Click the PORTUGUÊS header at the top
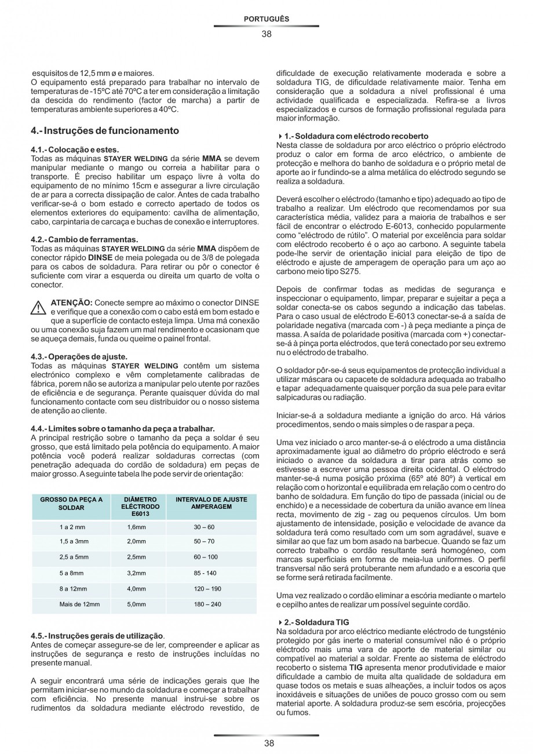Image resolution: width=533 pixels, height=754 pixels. point(266,19)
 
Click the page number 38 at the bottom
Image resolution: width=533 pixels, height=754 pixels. point(266,744)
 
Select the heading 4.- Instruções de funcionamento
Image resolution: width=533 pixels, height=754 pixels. point(105,130)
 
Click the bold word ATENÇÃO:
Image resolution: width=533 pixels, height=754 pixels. point(72,303)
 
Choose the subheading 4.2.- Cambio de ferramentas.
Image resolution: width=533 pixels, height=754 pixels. point(85,239)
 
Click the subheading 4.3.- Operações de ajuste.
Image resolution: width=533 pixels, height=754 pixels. point(79,356)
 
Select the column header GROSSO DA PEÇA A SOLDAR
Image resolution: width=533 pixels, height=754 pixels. point(71,503)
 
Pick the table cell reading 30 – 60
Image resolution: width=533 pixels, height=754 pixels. point(204,527)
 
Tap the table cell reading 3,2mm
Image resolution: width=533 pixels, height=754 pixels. point(136,573)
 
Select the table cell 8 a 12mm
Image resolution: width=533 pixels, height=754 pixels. point(73,588)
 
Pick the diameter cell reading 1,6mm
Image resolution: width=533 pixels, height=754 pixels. point(136,527)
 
